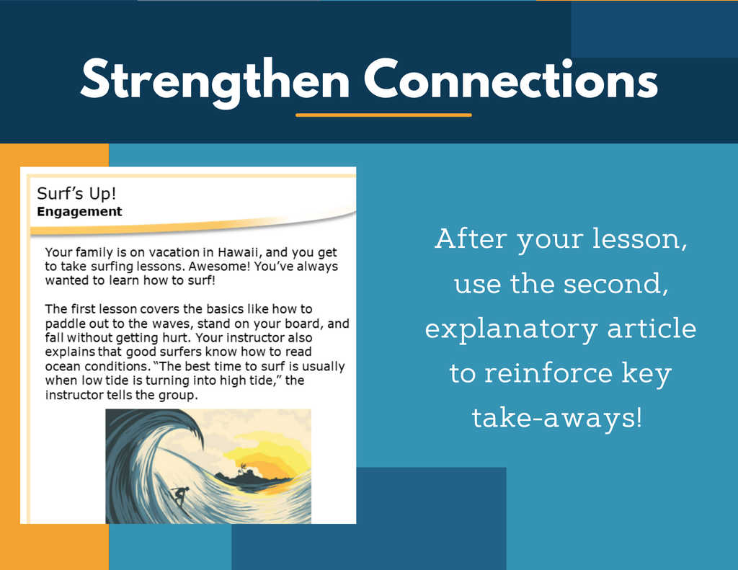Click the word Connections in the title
(511, 79)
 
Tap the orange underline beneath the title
(383, 115)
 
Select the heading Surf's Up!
(76, 193)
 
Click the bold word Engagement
(79, 212)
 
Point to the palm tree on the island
(243, 468)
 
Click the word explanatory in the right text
(511, 329)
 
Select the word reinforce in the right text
(548, 373)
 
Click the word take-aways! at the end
(557, 417)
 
